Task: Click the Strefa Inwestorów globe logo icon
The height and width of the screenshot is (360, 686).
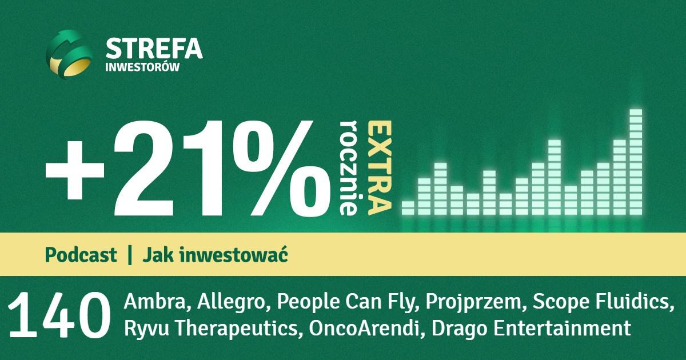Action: (69, 54)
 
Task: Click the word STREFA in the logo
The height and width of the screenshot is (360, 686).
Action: (154, 48)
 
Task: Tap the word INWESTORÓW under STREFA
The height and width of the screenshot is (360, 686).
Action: (142, 67)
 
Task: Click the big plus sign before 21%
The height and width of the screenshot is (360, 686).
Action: (75, 170)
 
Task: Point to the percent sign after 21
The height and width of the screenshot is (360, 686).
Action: (282, 168)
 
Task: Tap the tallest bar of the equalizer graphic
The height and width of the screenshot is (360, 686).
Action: (636, 162)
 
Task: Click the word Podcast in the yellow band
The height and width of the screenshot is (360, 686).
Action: (81, 255)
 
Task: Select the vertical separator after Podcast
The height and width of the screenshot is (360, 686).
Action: (130, 255)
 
